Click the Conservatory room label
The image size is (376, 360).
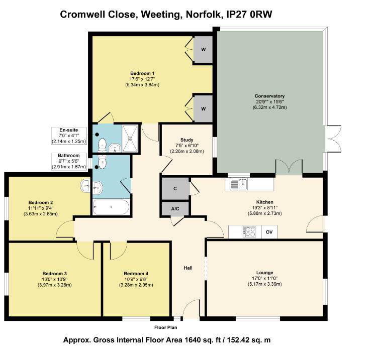(269, 96)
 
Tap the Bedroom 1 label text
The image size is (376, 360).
(142, 73)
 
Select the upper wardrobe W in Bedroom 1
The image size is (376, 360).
(204, 49)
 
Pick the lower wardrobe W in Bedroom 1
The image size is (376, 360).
(204, 108)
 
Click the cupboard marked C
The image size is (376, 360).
(174, 189)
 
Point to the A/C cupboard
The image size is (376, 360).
(174, 209)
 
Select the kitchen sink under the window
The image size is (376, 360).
(240, 184)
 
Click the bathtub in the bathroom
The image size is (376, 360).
(111, 207)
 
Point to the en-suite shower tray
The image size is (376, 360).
(131, 138)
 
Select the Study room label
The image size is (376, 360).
(186, 140)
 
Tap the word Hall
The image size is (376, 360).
(188, 268)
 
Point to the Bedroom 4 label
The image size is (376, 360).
(136, 273)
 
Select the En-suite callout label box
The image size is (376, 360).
(69, 136)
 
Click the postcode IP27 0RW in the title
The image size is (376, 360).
(248, 14)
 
